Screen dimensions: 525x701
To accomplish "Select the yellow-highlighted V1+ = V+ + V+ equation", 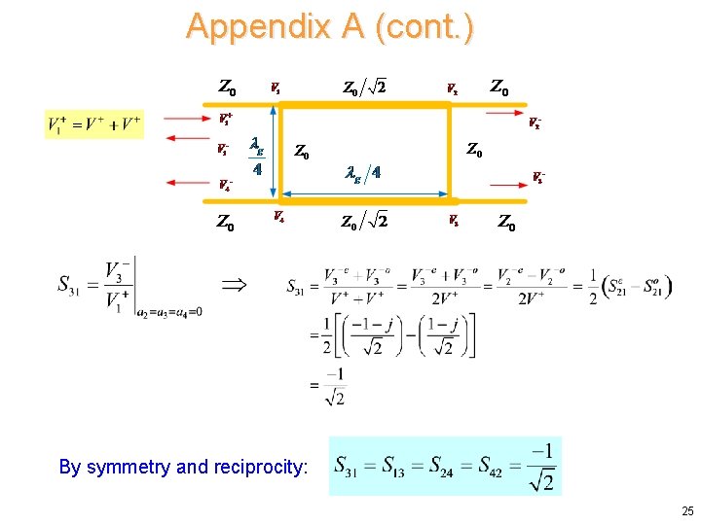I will [x=93, y=123].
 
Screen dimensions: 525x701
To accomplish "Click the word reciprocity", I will [x=258, y=467].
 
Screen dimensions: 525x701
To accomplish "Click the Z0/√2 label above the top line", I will [x=364, y=87].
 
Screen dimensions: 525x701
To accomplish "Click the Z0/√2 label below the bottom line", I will [x=364, y=221].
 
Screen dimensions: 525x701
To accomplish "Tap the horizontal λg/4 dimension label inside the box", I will [x=363, y=173].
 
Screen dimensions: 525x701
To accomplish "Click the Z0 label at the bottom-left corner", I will [x=225, y=225].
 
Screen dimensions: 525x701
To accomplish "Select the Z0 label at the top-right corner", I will [x=498, y=88].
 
